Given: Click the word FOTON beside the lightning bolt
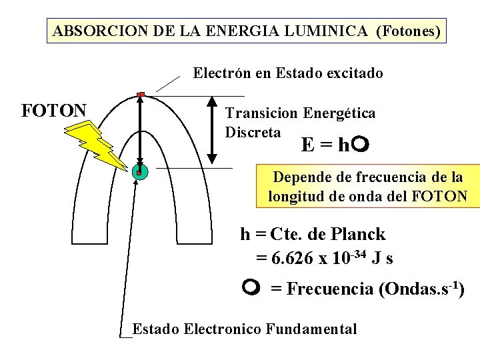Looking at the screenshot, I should (54, 110).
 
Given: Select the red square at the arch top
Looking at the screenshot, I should (141, 95).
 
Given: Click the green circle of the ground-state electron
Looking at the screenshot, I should (139, 171).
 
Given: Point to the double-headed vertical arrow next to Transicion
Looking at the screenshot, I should (211, 131).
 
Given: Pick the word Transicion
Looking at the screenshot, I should (262, 113).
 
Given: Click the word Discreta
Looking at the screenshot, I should (253, 132).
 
